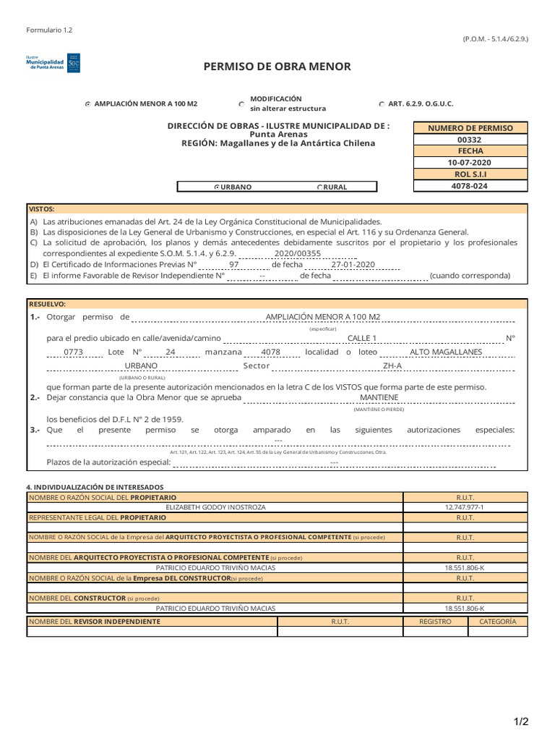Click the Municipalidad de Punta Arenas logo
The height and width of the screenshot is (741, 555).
click(53, 62)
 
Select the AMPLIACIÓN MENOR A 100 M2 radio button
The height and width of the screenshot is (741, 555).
click(88, 104)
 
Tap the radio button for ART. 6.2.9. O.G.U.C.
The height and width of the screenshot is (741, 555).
click(382, 104)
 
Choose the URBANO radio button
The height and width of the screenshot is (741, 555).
click(216, 187)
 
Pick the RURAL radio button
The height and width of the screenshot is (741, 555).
click(319, 187)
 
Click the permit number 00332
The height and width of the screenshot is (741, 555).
click(470, 140)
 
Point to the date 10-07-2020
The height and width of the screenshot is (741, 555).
click(470, 163)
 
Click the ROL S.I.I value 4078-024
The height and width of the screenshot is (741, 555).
click(470, 186)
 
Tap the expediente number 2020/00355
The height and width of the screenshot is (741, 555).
click(294, 254)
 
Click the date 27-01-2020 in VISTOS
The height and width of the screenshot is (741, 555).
click(353, 265)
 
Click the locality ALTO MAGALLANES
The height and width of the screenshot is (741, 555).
click(445, 352)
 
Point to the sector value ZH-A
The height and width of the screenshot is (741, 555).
click(392, 366)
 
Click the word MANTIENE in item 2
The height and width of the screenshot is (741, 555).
click(379, 398)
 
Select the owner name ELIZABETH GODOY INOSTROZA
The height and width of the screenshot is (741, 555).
click(215, 507)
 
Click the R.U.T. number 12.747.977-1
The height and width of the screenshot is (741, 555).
click(465, 507)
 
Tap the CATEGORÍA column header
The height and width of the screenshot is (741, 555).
click(497, 622)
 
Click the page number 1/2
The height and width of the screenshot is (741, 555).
click(522, 721)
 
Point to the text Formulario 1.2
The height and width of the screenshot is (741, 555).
click(49, 30)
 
